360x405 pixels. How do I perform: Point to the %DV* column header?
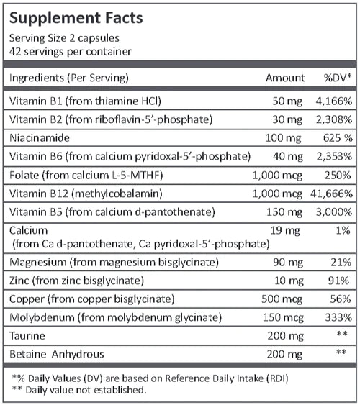coord(336,77)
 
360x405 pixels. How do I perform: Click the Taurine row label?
coord(26,336)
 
